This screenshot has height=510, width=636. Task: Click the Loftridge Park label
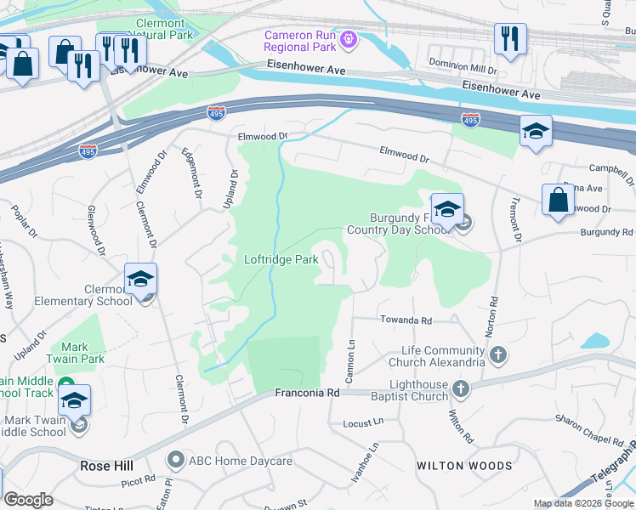(281, 259)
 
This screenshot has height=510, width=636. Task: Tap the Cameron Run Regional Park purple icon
(347, 39)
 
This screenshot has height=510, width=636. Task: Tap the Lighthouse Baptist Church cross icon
(461, 389)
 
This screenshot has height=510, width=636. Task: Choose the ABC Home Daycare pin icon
(176, 461)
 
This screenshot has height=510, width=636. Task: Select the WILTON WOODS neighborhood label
(464, 466)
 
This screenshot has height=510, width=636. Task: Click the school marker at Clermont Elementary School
(141, 278)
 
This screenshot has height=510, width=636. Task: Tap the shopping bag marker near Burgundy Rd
(559, 201)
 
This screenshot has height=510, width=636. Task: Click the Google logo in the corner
(29, 500)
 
